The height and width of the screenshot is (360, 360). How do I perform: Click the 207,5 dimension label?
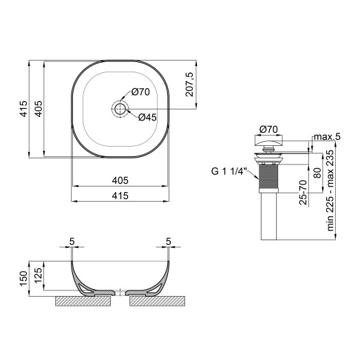click(191, 85)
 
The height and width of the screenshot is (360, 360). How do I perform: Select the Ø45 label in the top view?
click(148, 117)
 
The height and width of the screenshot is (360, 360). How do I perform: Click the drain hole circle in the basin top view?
click(121, 109)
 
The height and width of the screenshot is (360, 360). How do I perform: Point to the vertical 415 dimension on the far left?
click(23, 110)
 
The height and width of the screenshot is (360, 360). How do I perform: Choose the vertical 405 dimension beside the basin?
click(39, 110)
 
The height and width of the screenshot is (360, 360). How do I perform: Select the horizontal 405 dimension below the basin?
click(120, 180)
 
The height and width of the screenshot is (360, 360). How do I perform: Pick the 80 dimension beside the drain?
click(317, 173)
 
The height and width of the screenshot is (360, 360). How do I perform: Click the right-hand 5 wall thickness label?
click(168, 242)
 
